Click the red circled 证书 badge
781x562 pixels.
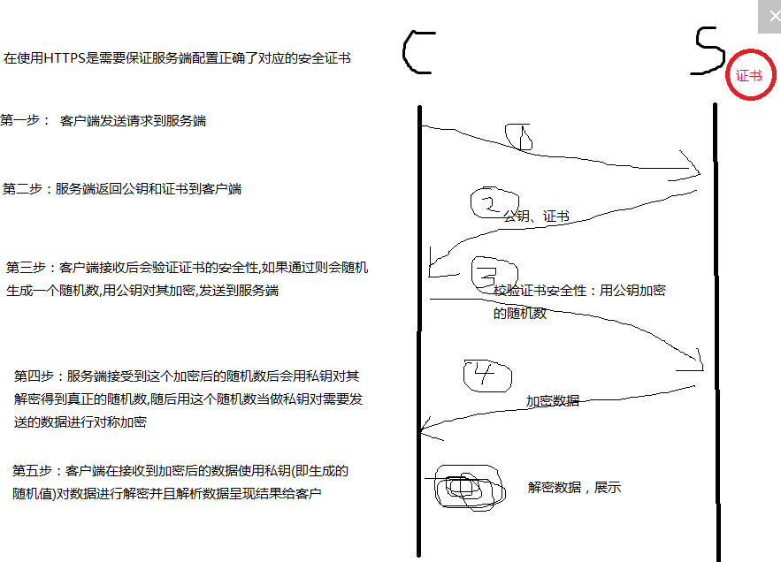[x=748, y=75]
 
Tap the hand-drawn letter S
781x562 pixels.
[x=708, y=51]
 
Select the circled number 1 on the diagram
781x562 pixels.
[x=520, y=135]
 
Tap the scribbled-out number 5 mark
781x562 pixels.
[x=467, y=488]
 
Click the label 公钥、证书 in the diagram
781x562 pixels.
[x=536, y=216]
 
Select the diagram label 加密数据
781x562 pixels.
[x=553, y=400]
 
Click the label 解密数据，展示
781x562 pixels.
[x=575, y=487]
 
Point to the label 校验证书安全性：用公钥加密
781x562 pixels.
[x=580, y=290]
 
